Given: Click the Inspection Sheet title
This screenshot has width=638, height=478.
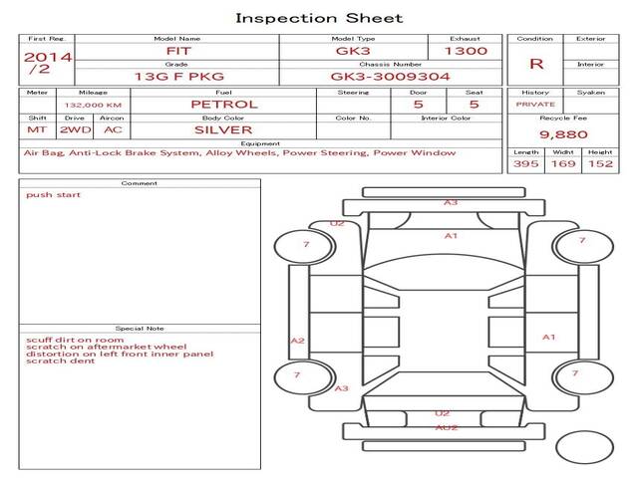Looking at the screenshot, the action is click(319, 18).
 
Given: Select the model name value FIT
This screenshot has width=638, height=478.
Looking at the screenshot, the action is click(178, 51).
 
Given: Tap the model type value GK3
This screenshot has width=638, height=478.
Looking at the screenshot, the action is click(353, 51).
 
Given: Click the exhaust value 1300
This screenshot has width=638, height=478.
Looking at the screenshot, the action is click(466, 51).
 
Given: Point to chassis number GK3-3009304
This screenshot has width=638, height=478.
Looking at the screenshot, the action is click(390, 77).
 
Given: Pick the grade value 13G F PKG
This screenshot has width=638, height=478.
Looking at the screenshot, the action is click(179, 77).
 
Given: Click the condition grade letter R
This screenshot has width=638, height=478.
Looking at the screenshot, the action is click(536, 64).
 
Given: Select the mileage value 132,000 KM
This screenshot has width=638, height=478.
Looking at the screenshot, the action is click(93, 105).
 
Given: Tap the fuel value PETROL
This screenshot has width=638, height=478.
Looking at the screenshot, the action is click(224, 105).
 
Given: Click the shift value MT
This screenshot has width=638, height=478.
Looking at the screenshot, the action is click(37, 130).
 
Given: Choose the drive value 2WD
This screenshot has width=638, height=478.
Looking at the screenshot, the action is click(76, 130).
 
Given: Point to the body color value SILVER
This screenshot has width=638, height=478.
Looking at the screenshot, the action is click(223, 130).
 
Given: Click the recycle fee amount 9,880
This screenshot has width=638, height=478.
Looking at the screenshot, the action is click(563, 134).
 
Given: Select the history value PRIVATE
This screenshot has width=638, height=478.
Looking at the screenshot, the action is click(535, 105).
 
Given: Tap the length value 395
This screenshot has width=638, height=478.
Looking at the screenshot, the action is click(525, 163).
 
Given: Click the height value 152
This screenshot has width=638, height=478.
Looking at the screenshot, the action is click(600, 163).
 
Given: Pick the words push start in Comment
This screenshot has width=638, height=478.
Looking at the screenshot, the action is click(53, 195).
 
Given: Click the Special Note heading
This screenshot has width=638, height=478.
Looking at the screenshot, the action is click(140, 329).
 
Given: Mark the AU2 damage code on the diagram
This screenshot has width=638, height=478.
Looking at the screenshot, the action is click(447, 427).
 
